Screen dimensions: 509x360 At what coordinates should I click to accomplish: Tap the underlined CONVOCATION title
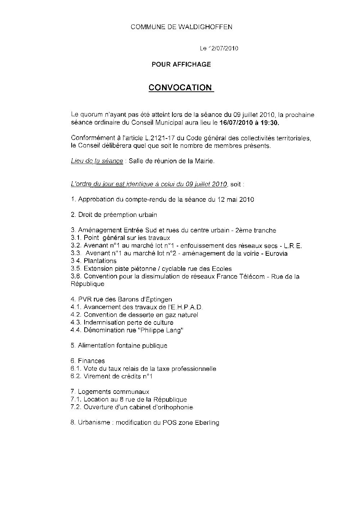[x=180, y=88]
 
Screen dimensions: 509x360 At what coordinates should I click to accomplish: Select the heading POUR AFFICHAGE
[x=181, y=65]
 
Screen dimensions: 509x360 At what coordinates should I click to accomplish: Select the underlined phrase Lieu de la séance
[x=97, y=161]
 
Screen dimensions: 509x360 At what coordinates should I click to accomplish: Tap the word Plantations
[x=100, y=261]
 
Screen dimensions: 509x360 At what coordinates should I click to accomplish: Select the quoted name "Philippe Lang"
[x=161, y=330]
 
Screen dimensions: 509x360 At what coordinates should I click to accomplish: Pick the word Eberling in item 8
[x=206, y=423]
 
